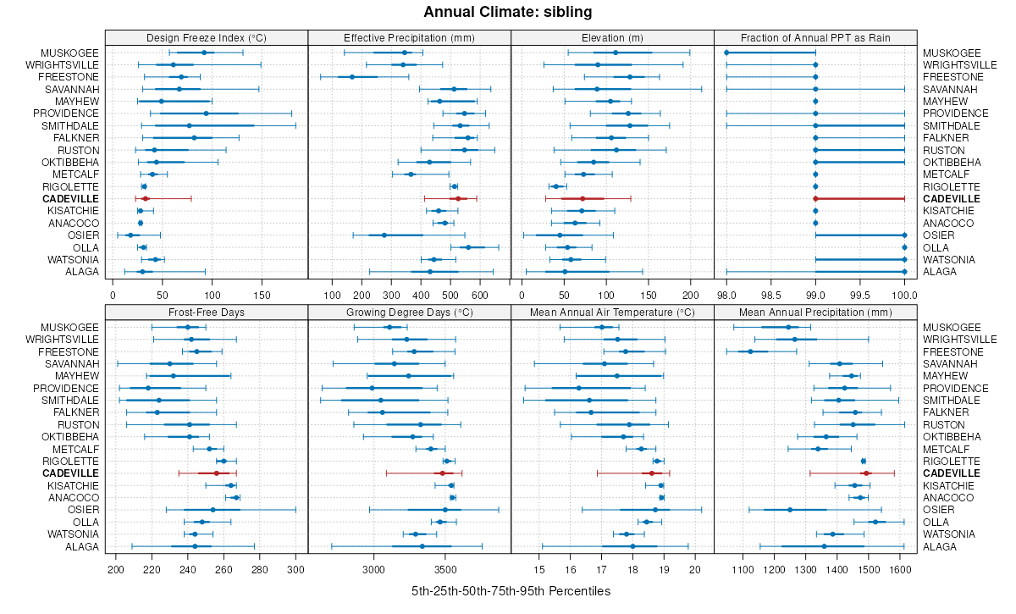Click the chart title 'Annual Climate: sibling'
tap(508, 12)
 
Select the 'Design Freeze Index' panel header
tap(207, 37)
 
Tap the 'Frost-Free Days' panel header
tap(207, 312)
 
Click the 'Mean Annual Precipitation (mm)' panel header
tap(815, 312)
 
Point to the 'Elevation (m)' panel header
tap(612, 37)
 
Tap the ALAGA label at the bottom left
tap(83, 272)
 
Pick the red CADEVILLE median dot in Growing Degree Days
tap(441, 473)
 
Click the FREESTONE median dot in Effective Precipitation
tap(352, 77)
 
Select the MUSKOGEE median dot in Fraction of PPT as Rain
tap(726, 53)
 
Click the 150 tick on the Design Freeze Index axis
tap(262, 295)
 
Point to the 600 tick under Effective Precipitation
tap(479, 295)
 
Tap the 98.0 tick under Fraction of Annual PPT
tap(726, 295)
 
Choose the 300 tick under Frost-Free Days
tap(295, 569)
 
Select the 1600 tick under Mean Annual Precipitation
tap(900, 569)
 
